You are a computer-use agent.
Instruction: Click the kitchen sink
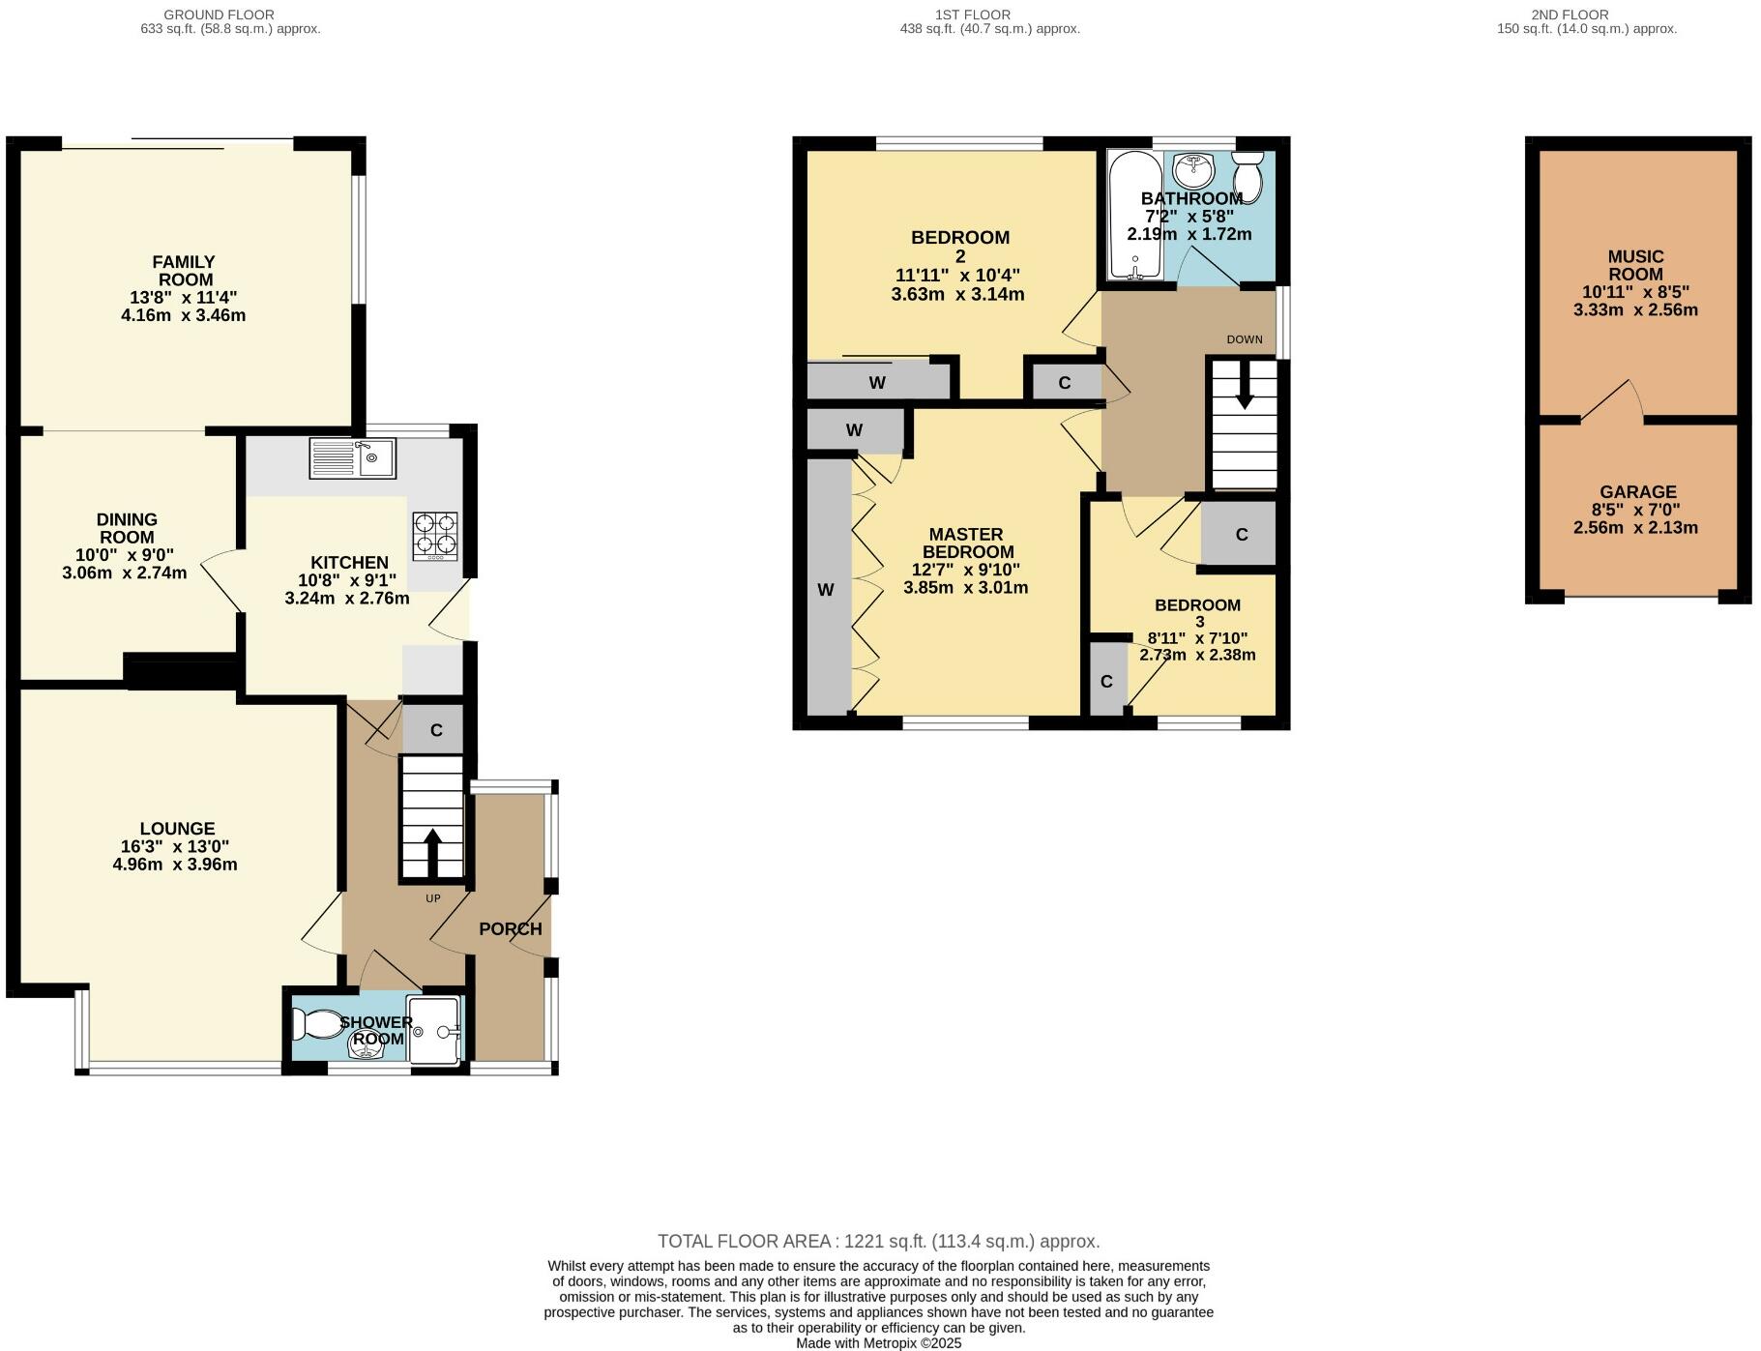pos(352,457)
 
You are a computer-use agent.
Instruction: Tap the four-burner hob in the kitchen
pos(435,537)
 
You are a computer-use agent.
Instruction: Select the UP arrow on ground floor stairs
pos(431,851)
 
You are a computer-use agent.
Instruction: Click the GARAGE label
pos(1637,491)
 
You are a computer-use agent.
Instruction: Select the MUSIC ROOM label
pos(1635,265)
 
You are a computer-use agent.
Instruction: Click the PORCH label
pos(510,929)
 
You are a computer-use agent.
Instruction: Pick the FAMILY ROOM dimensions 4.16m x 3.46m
pos(183,315)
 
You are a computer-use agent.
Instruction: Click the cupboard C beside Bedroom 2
pos(1064,383)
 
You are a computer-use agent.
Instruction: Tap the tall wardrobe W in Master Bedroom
pos(826,589)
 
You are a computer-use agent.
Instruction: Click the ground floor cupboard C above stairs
pos(435,730)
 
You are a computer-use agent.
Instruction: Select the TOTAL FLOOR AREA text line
pos(878,1241)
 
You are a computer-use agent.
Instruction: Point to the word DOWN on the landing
pos(1244,339)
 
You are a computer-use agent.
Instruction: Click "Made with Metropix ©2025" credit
pos(878,1343)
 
